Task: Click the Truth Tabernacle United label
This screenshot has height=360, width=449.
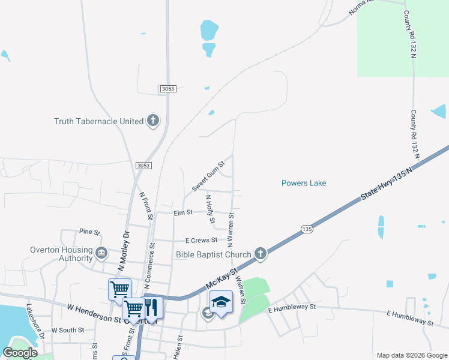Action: click(x=99, y=121)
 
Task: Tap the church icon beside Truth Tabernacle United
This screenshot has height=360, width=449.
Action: click(x=153, y=121)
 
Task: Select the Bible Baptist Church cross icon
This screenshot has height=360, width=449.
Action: click(x=260, y=254)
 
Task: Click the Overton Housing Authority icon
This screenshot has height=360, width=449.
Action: click(x=101, y=253)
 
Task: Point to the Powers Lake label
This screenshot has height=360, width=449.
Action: click(x=304, y=183)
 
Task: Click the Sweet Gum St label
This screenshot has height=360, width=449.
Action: click(x=208, y=176)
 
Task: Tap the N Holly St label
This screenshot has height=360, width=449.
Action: click(x=210, y=209)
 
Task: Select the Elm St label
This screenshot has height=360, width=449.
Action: click(x=182, y=212)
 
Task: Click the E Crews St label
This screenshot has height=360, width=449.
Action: click(x=200, y=240)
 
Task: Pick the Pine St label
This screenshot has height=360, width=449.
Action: click(x=89, y=231)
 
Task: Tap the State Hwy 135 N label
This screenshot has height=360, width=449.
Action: click(x=388, y=178)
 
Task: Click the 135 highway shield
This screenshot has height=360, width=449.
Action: click(x=307, y=229)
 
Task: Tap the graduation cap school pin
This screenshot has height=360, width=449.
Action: click(x=221, y=302)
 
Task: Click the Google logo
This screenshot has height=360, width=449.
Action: click(x=20, y=353)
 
